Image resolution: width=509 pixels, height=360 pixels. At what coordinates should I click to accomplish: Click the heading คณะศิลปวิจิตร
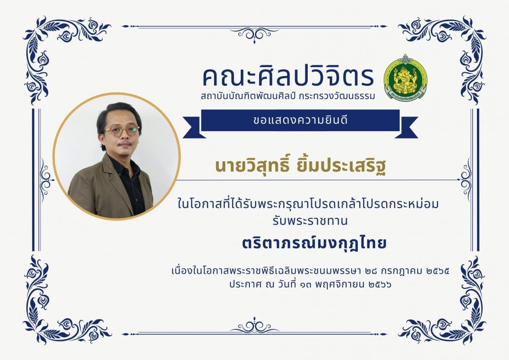[288, 77]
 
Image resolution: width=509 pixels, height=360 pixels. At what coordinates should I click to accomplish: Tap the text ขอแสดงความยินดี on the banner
[300, 121]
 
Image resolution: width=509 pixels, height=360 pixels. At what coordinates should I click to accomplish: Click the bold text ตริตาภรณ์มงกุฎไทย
[314, 243]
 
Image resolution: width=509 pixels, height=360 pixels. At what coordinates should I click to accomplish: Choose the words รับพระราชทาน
[310, 221]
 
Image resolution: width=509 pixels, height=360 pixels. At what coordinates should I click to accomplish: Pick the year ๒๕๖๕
[438, 271]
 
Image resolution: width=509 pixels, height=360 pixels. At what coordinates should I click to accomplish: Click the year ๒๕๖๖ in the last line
[380, 285]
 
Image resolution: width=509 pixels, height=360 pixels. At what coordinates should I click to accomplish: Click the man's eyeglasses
[122, 131]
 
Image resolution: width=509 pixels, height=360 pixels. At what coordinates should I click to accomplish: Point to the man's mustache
[125, 143]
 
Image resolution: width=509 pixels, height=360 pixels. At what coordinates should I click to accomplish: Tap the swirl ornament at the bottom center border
[254, 326]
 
